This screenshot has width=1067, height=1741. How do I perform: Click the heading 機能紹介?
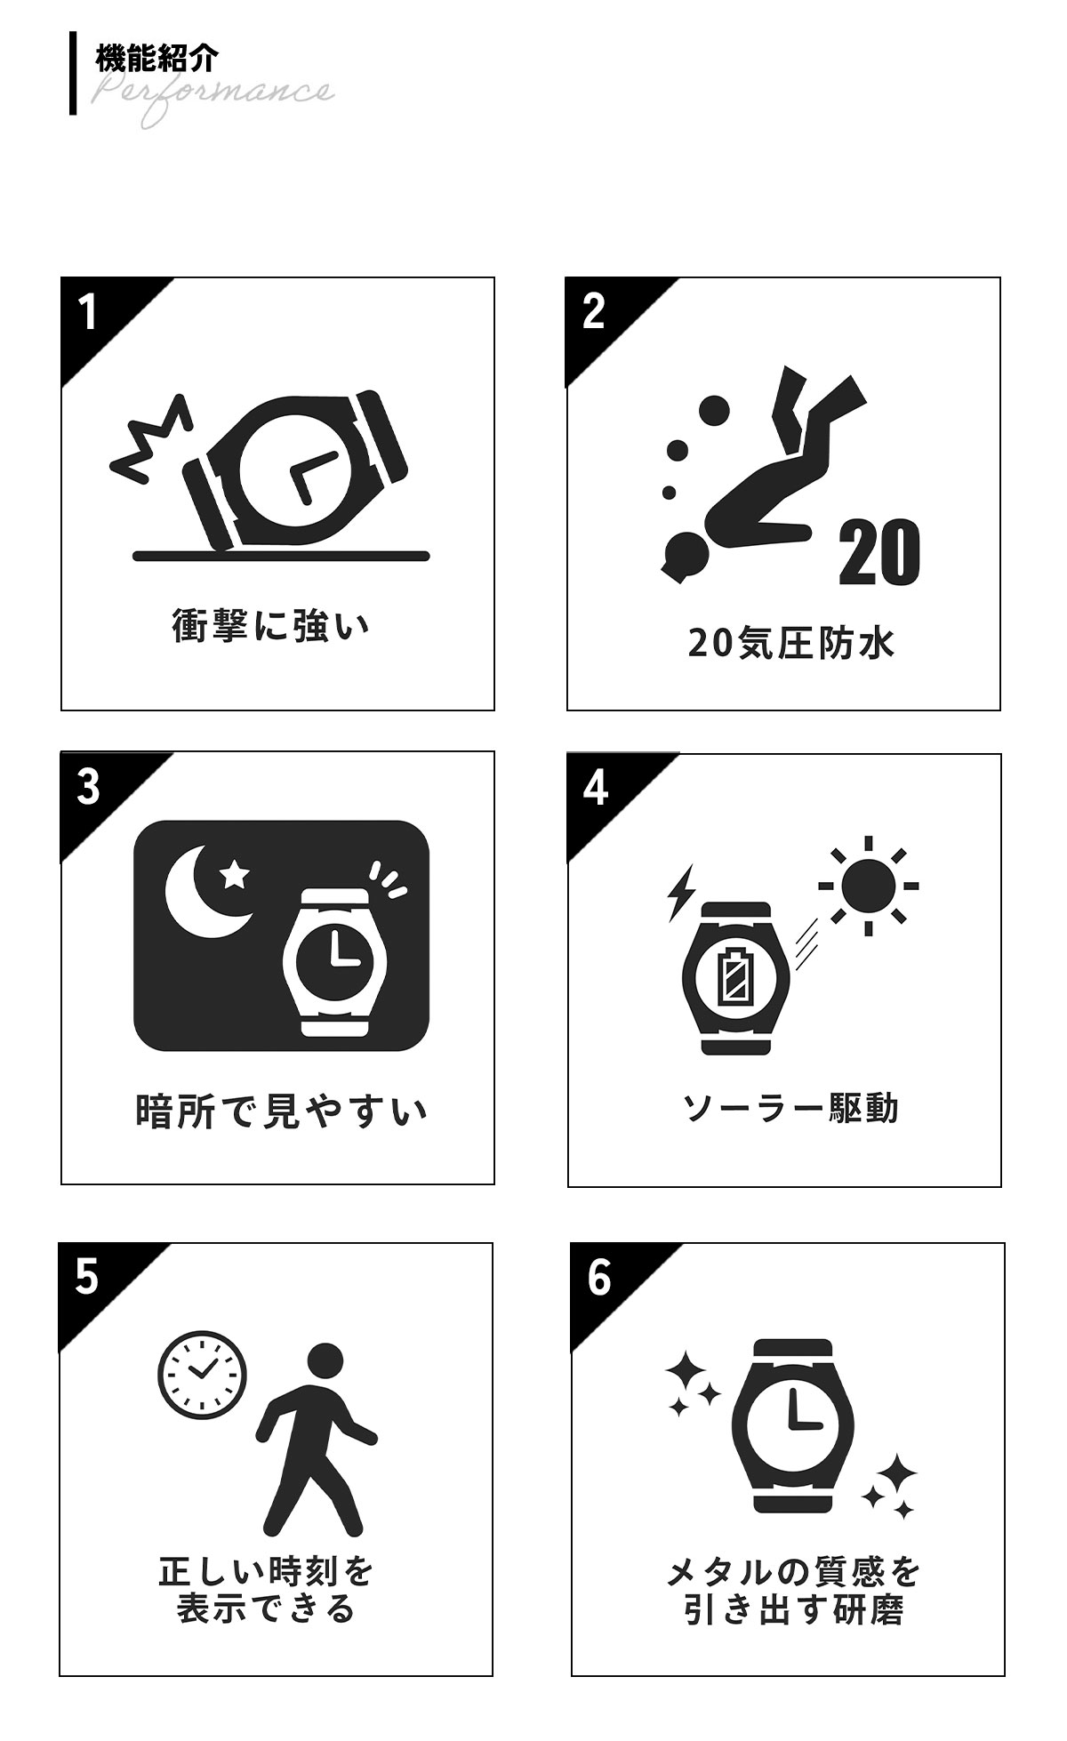click(156, 59)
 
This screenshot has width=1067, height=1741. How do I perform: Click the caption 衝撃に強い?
click(270, 626)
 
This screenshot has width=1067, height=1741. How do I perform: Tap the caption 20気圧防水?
click(790, 643)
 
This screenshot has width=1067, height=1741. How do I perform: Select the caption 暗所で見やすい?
click(281, 1111)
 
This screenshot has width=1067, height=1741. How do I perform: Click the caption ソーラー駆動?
click(790, 1108)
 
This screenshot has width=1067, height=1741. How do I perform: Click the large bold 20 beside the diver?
click(878, 553)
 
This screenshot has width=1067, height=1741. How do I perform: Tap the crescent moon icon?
click(204, 892)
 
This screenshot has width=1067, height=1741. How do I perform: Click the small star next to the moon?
click(235, 875)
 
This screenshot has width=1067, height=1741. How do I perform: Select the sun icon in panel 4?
click(869, 886)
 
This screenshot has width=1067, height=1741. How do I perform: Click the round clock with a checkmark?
click(202, 1374)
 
